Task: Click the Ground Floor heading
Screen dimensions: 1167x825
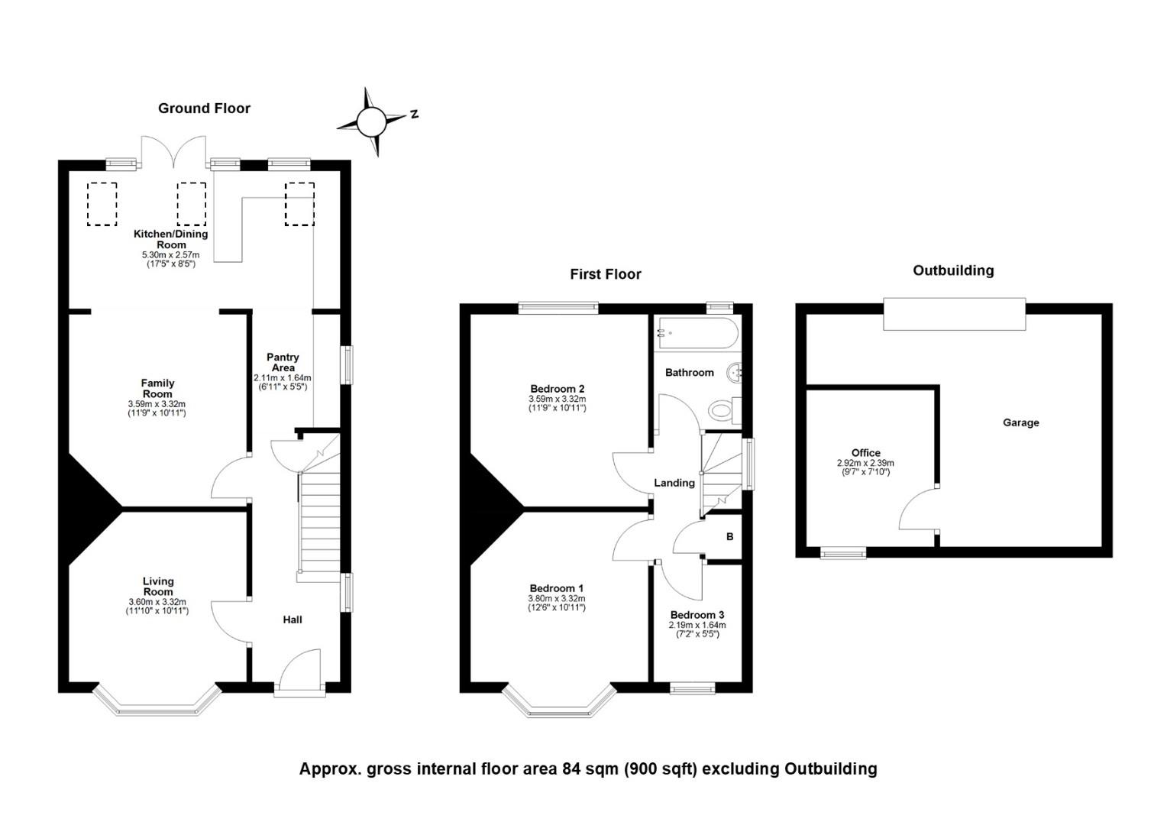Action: (x=204, y=108)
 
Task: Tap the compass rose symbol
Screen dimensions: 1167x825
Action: (x=372, y=122)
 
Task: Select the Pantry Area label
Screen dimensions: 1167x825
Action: (x=283, y=362)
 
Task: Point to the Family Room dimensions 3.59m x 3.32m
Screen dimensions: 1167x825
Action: (x=157, y=404)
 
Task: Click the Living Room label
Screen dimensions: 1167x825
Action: (x=158, y=587)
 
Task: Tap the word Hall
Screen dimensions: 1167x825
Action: (x=293, y=620)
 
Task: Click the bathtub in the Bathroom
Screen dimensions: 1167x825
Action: (x=697, y=333)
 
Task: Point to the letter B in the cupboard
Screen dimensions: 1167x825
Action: (x=730, y=536)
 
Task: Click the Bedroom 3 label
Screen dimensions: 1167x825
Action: (x=697, y=615)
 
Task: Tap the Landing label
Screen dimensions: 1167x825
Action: (x=674, y=483)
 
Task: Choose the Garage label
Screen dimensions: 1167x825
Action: (x=1020, y=422)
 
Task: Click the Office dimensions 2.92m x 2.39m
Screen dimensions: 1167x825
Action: (x=865, y=463)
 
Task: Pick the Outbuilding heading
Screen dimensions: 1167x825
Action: (x=953, y=270)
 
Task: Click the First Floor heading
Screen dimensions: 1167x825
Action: (x=606, y=274)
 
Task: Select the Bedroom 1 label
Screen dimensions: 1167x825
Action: (x=557, y=589)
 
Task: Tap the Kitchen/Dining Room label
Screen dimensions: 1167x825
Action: (x=171, y=239)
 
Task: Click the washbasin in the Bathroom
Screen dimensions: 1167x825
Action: (x=735, y=373)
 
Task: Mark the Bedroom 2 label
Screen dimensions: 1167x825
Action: (x=557, y=389)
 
